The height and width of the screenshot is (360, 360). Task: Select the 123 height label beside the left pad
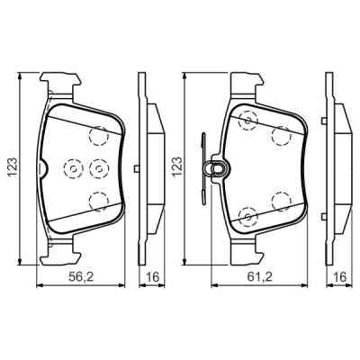(13, 167)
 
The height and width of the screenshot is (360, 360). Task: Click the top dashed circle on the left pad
(98, 135)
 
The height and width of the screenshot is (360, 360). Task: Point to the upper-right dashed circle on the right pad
(282, 136)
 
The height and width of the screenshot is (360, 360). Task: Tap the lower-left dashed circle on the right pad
(247, 214)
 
